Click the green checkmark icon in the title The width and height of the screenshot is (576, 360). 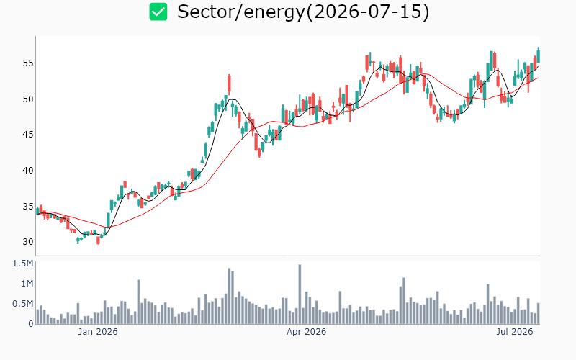click(x=158, y=12)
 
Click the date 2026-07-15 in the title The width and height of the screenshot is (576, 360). click(x=367, y=12)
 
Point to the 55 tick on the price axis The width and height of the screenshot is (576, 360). click(x=28, y=63)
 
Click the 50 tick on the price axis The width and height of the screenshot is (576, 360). click(x=28, y=99)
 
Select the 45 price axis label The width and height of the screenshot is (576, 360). click(x=28, y=135)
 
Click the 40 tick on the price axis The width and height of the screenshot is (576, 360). click(x=28, y=171)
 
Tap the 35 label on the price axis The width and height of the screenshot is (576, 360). click(x=28, y=207)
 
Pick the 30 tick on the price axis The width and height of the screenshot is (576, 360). click(x=28, y=242)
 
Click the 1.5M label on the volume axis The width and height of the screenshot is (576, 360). click(x=23, y=264)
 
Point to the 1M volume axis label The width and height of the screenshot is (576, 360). click(x=27, y=284)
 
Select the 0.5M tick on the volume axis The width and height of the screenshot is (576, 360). click(x=23, y=304)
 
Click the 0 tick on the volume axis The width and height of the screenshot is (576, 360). click(x=31, y=324)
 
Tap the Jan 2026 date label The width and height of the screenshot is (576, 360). click(x=98, y=332)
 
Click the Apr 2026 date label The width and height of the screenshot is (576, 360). click(x=307, y=332)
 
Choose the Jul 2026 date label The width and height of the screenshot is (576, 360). click(x=515, y=332)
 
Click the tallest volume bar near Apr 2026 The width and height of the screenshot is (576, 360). click(x=300, y=294)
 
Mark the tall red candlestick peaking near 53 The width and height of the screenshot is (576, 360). click(x=229, y=84)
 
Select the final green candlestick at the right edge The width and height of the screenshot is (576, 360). click(x=539, y=55)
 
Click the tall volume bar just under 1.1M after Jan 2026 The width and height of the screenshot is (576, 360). click(x=138, y=302)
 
